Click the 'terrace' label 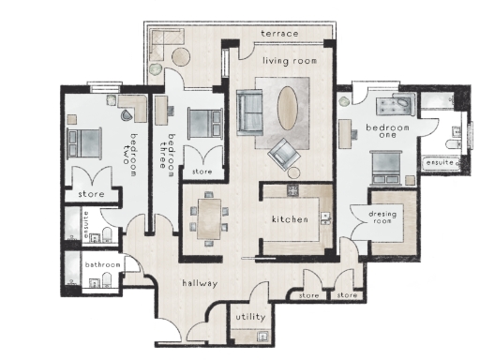[280, 35]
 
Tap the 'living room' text [289, 61]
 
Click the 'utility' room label [250, 318]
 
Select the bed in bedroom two [85, 142]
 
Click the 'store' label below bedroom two [91, 194]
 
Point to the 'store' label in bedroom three [202, 172]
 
